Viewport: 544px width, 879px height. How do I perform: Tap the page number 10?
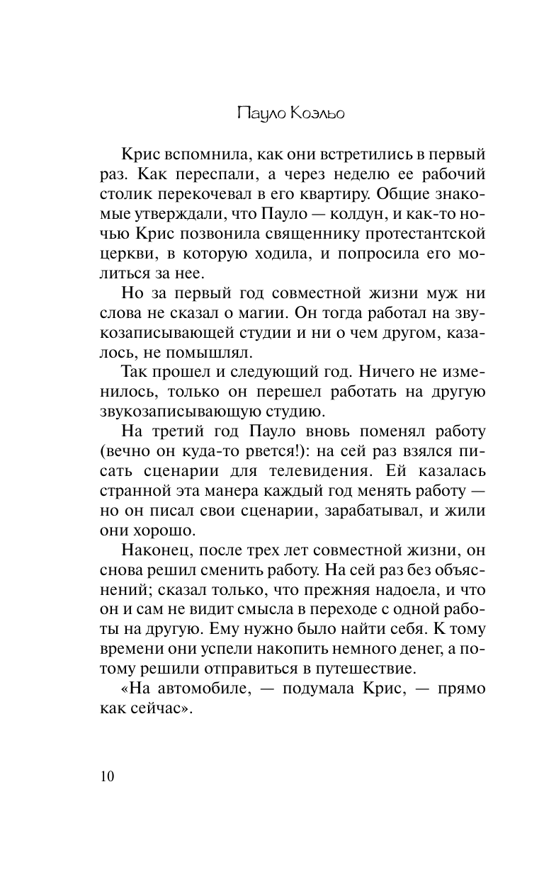(x=107, y=776)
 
